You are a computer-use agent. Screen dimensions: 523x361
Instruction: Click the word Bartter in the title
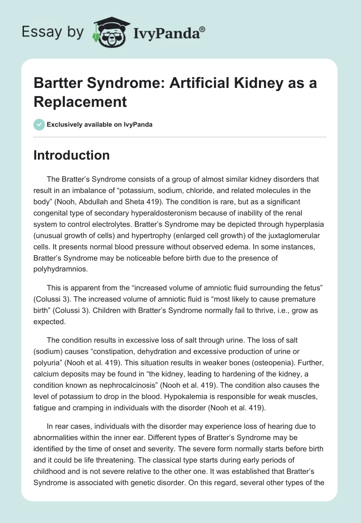(x=57, y=83)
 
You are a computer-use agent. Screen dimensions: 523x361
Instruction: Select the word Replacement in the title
(x=80, y=101)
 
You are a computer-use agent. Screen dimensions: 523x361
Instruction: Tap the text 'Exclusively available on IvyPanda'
(x=99, y=124)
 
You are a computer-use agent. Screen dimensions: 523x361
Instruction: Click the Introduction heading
(x=72, y=155)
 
